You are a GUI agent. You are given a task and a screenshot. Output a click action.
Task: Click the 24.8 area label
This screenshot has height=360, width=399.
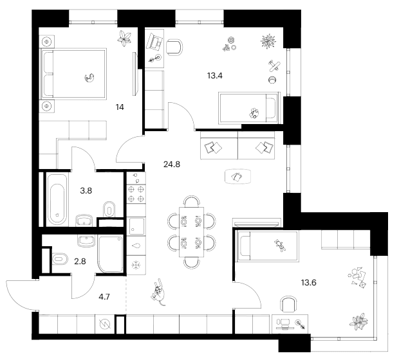pyautogui.click(x=172, y=165)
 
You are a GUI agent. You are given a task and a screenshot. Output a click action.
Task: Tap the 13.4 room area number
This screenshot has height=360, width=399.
pyautogui.click(x=215, y=75)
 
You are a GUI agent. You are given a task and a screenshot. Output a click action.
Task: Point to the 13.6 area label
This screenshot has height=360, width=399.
pyautogui.click(x=308, y=282)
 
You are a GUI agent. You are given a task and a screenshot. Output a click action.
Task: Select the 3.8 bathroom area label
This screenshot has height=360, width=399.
pyautogui.click(x=86, y=190)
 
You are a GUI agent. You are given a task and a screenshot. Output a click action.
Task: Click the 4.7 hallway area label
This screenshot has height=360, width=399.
pyautogui.click(x=104, y=296)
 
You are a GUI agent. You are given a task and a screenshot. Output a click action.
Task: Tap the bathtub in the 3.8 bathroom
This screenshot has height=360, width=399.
pyautogui.click(x=57, y=200)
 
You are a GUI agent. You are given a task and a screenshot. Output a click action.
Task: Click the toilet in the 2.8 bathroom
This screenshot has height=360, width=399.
pyautogui.click(x=60, y=259)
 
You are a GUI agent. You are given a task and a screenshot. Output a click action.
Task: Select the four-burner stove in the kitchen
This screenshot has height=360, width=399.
pyautogui.click(x=136, y=194)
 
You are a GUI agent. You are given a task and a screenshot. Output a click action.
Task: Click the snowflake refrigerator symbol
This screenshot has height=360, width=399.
pyautogui.click(x=136, y=265)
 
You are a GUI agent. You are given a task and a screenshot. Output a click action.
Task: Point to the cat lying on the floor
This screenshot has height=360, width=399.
pyautogui.click(x=159, y=292)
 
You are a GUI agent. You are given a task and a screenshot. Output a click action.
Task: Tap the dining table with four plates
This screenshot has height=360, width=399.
pyautogui.click(x=192, y=232)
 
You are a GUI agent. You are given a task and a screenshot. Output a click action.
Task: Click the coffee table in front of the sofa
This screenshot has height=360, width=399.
pyautogui.click(x=237, y=176)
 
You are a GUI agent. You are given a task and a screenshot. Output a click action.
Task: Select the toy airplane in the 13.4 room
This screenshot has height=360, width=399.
pyautogui.click(x=274, y=66)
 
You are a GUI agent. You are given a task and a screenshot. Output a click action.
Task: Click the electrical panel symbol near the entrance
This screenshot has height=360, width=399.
pyautogui.click(x=105, y=324)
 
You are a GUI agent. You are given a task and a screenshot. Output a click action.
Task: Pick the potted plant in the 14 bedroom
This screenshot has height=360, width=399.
pyautogui.click(x=124, y=38)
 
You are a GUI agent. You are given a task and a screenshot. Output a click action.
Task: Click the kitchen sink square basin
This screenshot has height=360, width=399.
pyautogui.click(x=136, y=226)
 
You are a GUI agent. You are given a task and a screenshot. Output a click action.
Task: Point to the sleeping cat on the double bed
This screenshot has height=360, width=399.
pyautogui.click(x=89, y=78)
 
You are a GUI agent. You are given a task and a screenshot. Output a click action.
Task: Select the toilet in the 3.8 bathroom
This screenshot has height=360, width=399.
pyautogui.click(x=109, y=209)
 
